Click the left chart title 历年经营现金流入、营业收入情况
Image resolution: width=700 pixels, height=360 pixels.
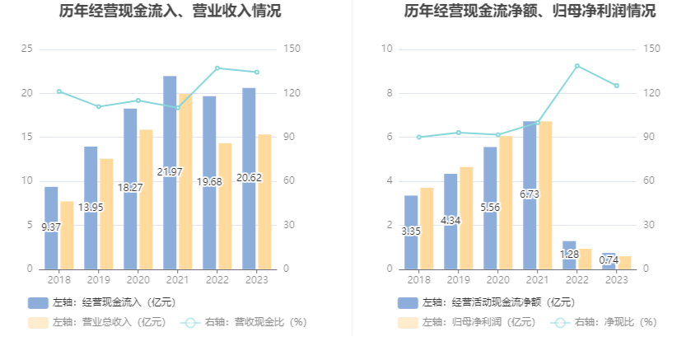pyautogui.click(x=170, y=12)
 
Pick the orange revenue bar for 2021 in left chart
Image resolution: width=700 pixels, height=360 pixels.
pyautogui.click(x=184, y=181)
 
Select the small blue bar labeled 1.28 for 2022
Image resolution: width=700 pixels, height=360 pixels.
pyautogui.click(x=569, y=255)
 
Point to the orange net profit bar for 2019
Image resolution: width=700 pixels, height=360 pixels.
pyautogui.click(x=466, y=218)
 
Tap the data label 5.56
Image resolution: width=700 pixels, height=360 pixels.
pyautogui.click(x=490, y=207)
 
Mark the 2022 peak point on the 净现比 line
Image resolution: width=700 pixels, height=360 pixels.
pyautogui.click(x=576, y=66)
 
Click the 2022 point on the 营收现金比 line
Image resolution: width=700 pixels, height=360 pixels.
pyautogui.click(x=217, y=68)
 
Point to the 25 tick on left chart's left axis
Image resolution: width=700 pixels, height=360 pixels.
pyautogui.click(x=26, y=49)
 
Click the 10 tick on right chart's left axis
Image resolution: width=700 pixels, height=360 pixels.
pyautogui.click(x=386, y=49)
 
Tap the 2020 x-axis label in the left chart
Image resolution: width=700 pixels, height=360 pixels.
pyautogui.click(x=138, y=279)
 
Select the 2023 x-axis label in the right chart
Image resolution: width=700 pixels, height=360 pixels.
pyautogui.click(x=616, y=279)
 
